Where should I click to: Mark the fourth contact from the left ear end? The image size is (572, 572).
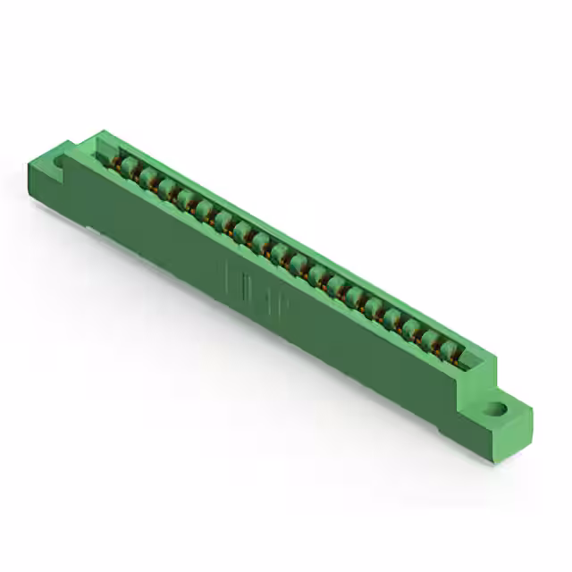coord(187,198)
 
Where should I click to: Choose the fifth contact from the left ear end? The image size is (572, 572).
coord(206,209)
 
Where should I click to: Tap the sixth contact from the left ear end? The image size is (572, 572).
coord(224,220)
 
